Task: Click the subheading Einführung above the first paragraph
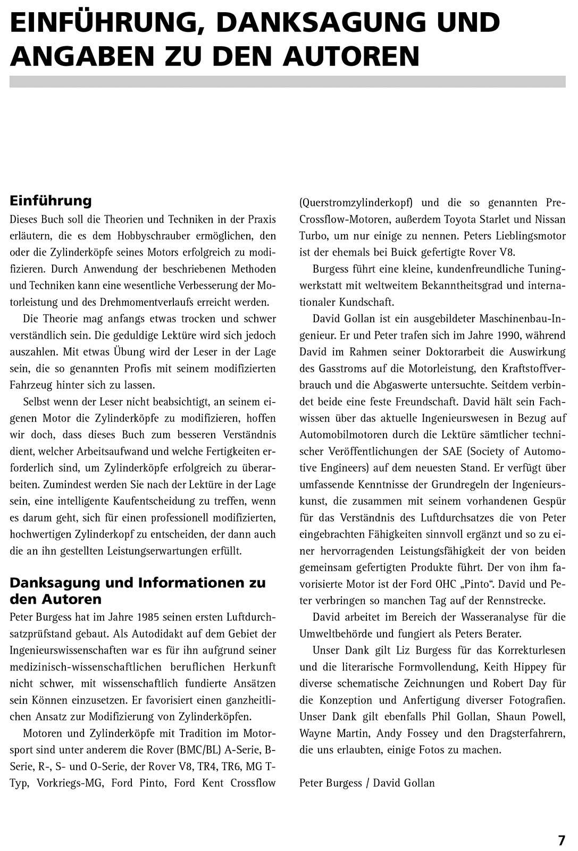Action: tap(51, 201)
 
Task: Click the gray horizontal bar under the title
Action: tap(287, 81)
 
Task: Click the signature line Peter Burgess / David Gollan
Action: tap(367, 782)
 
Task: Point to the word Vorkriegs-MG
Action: tap(66, 782)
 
